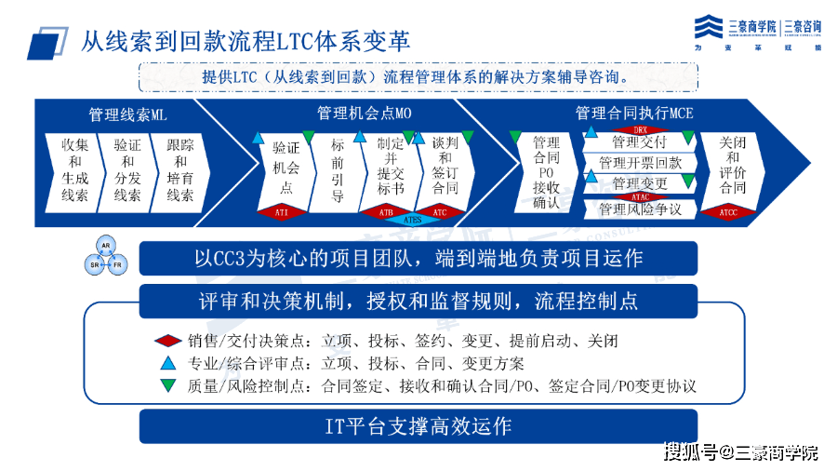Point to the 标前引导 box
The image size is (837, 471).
pyautogui.click(x=338, y=170)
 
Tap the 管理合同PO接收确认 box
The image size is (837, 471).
pyautogui.click(x=546, y=172)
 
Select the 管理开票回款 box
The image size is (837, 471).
pyautogui.click(x=640, y=163)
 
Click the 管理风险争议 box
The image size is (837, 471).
pyautogui.click(x=640, y=209)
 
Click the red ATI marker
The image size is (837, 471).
pyautogui.click(x=283, y=212)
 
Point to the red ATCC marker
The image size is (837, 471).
pyautogui.click(x=733, y=213)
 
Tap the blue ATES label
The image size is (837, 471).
pyautogui.click(x=411, y=221)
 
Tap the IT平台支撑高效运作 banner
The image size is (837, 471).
pyautogui.click(x=418, y=426)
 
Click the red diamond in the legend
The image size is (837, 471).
pyautogui.click(x=167, y=341)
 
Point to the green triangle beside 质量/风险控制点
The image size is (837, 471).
pyautogui.click(x=167, y=384)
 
